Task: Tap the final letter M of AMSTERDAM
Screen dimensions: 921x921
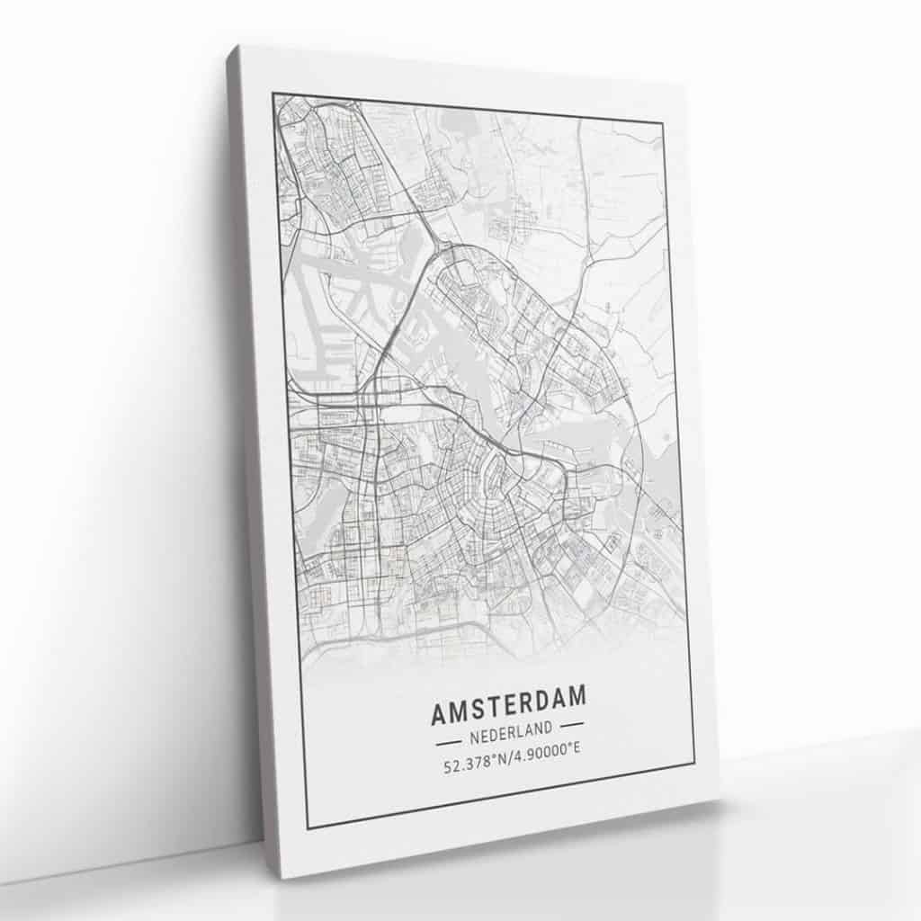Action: [x=577, y=694]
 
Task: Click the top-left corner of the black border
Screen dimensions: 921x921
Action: [x=273, y=93]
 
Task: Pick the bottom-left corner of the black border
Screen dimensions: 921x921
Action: [x=307, y=828]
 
